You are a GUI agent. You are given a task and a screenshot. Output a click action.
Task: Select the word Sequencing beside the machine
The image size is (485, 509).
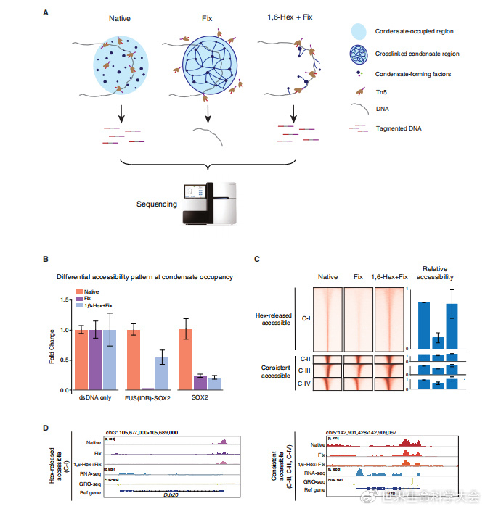pyautogui.click(x=157, y=204)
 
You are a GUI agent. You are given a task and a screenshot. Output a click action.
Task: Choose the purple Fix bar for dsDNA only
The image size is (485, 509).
pyautogui.click(x=97, y=360)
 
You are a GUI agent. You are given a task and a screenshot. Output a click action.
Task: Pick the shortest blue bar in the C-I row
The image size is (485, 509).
pyautogui.click(x=437, y=342)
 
